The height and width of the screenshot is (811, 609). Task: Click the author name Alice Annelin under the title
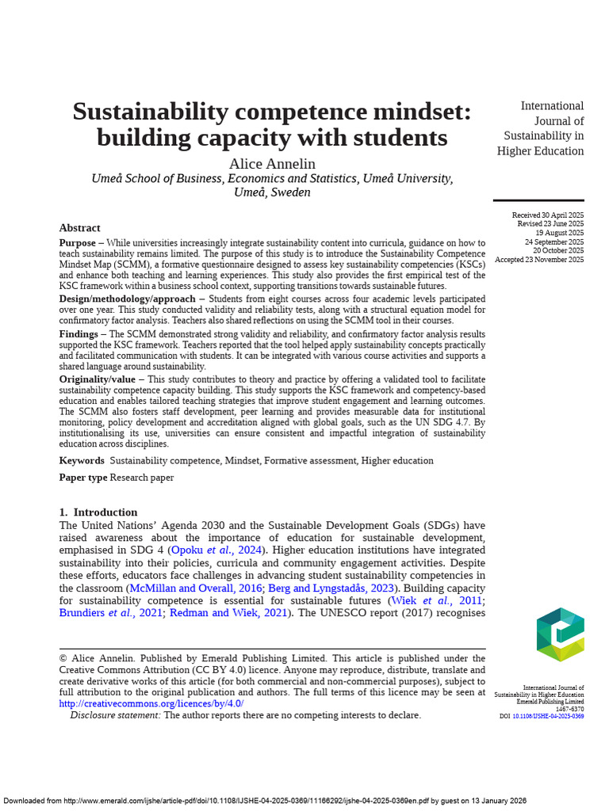pyautogui.click(x=272, y=164)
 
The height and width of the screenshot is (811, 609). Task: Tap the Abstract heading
pyautogui.click(x=79, y=228)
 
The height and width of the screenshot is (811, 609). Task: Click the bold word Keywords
pyautogui.click(x=82, y=460)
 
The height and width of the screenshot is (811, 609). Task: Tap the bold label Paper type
pyautogui.click(x=83, y=478)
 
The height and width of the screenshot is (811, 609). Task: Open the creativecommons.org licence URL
pyautogui.click(x=151, y=703)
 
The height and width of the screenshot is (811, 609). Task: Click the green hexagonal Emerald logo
pyautogui.click(x=560, y=634)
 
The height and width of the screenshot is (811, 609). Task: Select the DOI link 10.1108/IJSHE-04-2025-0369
pyautogui.click(x=548, y=716)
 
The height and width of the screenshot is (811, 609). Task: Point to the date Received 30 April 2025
pyautogui.click(x=548, y=215)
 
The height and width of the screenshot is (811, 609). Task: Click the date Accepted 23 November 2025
pyautogui.click(x=539, y=260)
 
